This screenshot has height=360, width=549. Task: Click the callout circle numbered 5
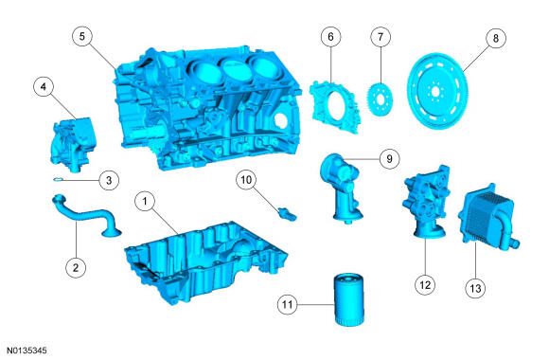[84, 36]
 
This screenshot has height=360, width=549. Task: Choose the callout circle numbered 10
[245, 178]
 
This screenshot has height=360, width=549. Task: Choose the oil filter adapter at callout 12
[423, 204]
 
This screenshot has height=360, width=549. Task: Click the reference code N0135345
[26, 351]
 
